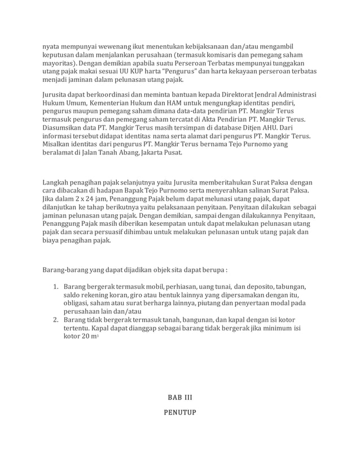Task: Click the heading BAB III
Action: click(179, 399)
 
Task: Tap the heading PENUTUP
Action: click(179, 413)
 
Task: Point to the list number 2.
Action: click(56, 320)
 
